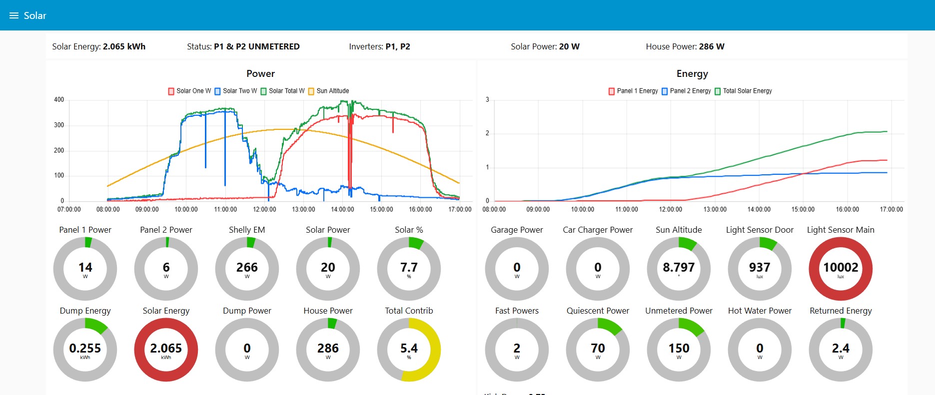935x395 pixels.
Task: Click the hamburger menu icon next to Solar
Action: (x=14, y=15)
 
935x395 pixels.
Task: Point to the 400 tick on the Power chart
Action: (x=59, y=100)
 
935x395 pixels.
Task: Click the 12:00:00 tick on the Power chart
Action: (x=264, y=209)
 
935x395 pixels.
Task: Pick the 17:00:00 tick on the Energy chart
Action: (x=891, y=209)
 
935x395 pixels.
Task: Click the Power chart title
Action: (x=260, y=74)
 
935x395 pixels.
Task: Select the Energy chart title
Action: (x=692, y=74)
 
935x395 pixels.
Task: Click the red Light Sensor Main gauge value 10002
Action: (x=841, y=268)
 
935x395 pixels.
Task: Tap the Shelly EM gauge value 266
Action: (x=247, y=268)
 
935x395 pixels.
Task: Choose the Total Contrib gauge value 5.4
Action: (x=409, y=349)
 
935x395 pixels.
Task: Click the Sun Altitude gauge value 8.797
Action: (x=679, y=268)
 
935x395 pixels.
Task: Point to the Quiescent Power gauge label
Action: (x=598, y=311)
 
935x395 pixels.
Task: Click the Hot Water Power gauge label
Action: (x=760, y=311)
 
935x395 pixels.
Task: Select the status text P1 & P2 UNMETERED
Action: (x=256, y=46)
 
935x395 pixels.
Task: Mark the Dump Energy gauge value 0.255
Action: (x=85, y=349)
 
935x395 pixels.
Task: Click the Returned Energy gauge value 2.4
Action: (x=841, y=349)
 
